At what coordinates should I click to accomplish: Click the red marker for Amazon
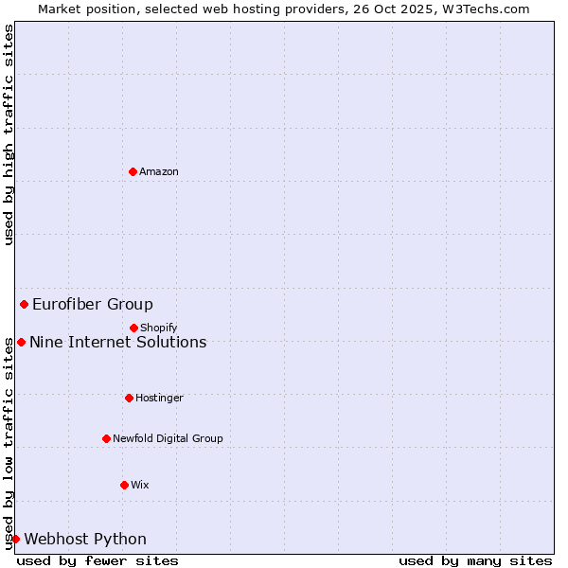point(133,171)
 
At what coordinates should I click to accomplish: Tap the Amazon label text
point(159,172)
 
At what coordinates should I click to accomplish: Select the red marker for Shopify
point(133,328)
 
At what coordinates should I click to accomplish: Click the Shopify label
point(159,328)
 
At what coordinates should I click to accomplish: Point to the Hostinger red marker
point(129,398)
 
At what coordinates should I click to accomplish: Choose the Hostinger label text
point(159,399)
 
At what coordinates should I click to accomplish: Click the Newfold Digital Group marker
point(106,438)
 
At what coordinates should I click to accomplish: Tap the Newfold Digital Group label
point(168,439)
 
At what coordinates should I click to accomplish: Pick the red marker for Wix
point(124,485)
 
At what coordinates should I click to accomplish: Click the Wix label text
point(140,486)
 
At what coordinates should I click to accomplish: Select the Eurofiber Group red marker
point(24,304)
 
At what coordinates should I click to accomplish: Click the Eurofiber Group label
point(93,305)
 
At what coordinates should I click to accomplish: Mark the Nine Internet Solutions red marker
point(21,342)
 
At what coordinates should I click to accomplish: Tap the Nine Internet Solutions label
point(118,343)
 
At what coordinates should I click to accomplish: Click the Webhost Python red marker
point(15,539)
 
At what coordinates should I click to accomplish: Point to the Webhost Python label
point(85,540)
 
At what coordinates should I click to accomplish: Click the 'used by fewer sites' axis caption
point(98,560)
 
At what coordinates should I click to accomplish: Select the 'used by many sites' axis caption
point(475,560)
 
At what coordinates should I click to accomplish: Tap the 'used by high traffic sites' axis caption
point(9,134)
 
